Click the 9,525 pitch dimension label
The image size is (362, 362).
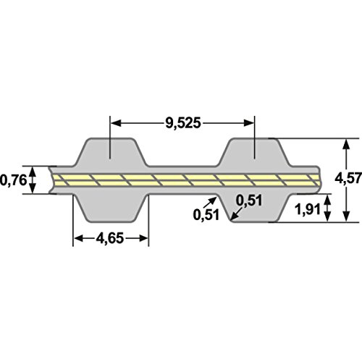[x=183, y=123]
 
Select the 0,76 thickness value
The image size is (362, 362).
[x=13, y=180]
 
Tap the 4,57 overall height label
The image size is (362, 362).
[x=348, y=178]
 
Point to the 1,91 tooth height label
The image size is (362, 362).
[x=308, y=209]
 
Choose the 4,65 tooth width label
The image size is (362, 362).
[x=110, y=238]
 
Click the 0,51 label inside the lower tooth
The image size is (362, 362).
[x=249, y=201]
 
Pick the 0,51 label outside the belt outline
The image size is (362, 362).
[x=206, y=214]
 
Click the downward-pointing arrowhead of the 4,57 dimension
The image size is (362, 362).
[x=346, y=216]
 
